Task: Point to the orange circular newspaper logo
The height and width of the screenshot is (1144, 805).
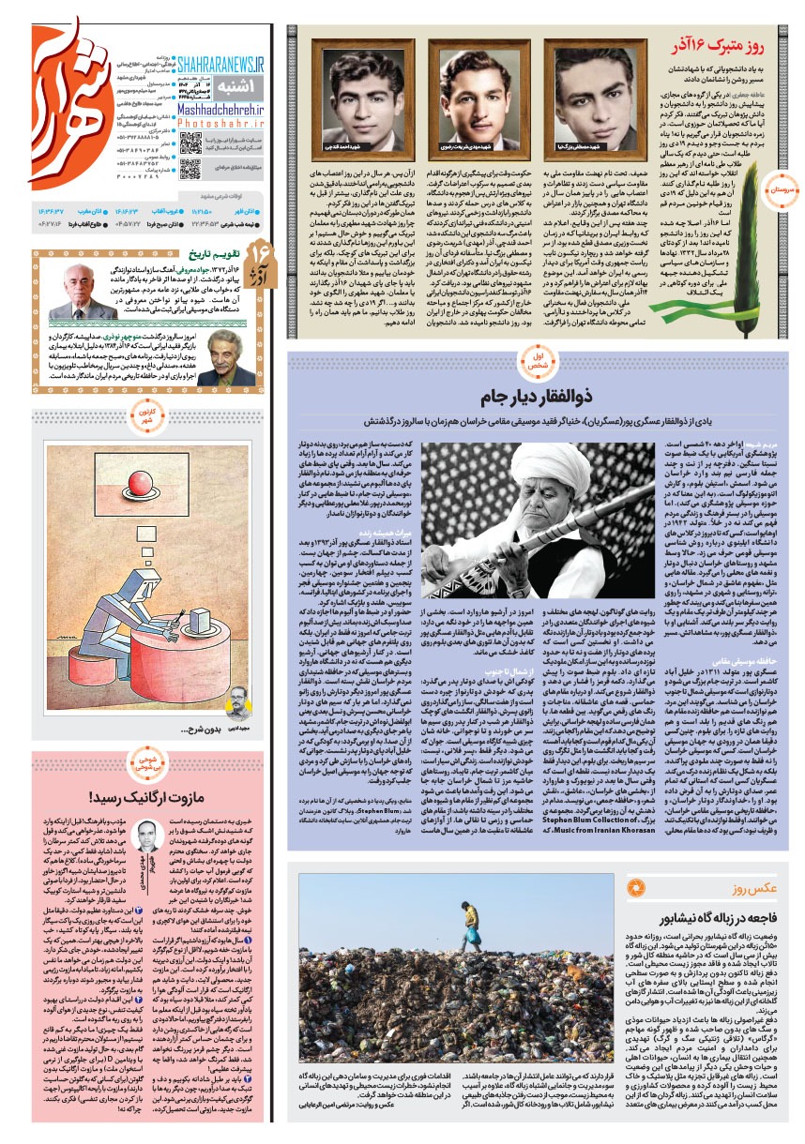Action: click(x=66, y=98)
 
